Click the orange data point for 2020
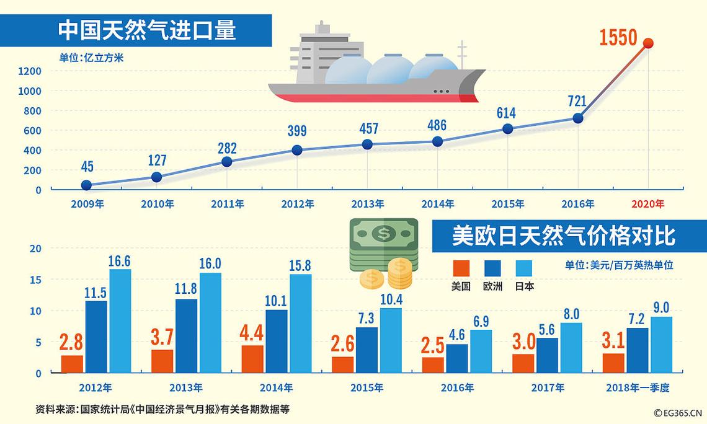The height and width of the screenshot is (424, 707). (x=648, y=43)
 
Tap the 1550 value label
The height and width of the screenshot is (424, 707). (x=618, y=38)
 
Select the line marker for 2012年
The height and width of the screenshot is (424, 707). (x=297, y=150)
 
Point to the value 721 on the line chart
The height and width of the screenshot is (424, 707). (x=577, y=100)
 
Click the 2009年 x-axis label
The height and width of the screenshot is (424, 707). (x=87, y=204)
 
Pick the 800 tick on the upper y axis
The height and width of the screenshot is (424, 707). (x=33, y=110)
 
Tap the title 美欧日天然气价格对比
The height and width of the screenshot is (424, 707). (x=563, y=236)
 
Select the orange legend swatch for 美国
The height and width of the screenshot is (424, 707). (x=461, y=268)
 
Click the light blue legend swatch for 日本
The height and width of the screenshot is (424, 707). (x=524, y=268)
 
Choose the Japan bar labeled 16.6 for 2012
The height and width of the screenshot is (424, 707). (x=120, y=321)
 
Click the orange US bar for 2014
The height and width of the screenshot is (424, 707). (x=252, y=359)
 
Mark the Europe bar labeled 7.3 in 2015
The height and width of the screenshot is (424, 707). (x=367, y=350)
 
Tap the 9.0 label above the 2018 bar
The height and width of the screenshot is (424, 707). (x=661, y=307)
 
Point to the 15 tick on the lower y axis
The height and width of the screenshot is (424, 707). (x=36, y=280)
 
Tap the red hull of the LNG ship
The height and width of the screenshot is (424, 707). (x=372, y=98)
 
